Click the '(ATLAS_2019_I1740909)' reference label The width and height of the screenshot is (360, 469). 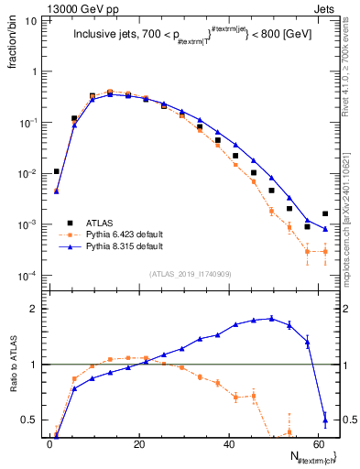pos(189,273)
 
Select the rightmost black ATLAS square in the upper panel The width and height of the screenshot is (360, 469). pos(325,214)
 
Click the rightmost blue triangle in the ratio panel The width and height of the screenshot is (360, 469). pos(325,420)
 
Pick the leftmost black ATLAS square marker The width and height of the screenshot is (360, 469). pos(57,171)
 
